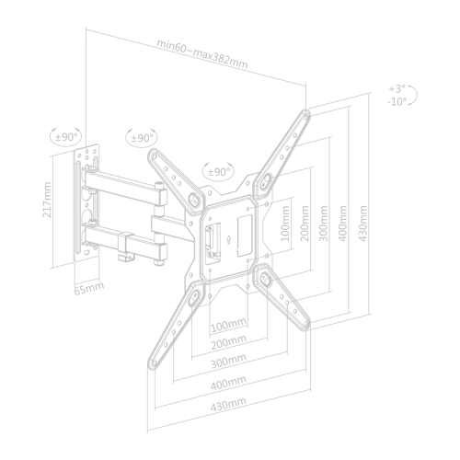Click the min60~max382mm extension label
pyautogui.click(x=202, y=54)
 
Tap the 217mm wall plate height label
pyautogui.click(x=47, y=200)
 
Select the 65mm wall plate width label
pyautogui.click(x=89, y=288)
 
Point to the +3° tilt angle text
pyautogui.click(x=397, y=89)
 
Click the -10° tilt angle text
pyautogui.click(x=397, y=101)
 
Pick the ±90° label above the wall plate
pyautogui.click(x=66, y=137)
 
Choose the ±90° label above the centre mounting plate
pyautogui.click(x=219, y=172)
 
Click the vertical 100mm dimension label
pyautogui.click(x=285, y=224)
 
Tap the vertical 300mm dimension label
pyautogui.click(x=324, y=224)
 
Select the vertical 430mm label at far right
pyautogui.click(x=362, y=224)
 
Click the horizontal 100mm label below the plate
pyautogui.click(x=229, y=325)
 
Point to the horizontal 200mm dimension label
pyautogui.click(x=229, y=342)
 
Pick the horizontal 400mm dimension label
pyautogui.click(x=228, y=383)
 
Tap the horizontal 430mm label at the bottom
pyautogui.click(x=228, y=404)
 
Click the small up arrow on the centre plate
pyautogui.click(x=228, y=240)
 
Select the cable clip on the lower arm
pyautogui.click(x=126, y=247)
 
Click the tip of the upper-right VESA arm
pyautogui.click(x=306, y=112)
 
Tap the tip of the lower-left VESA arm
pyautogui.click(x=152, y=365)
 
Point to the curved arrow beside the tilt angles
pyautogui.click(x=413, y=96)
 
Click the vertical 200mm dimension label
pyautogui.click(x=305, y=224)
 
